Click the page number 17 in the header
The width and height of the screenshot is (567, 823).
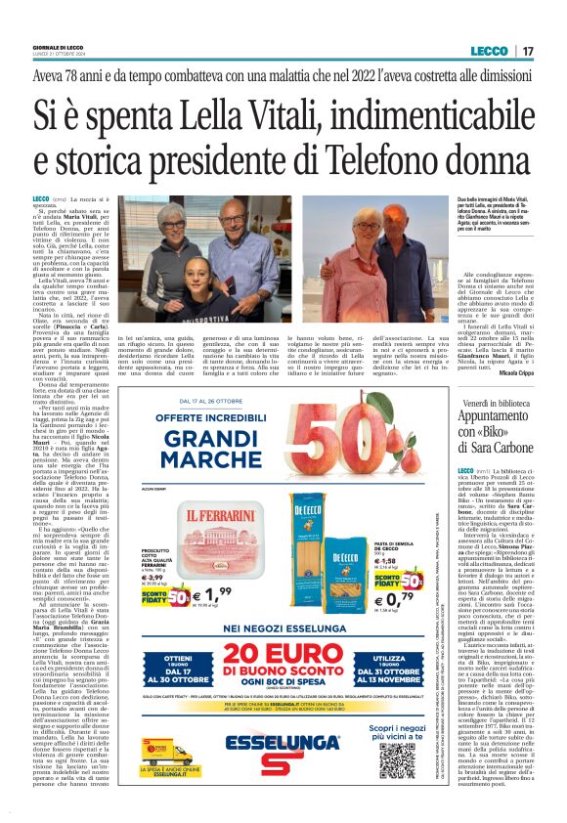click(527, 50)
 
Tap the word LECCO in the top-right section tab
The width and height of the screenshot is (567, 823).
click(488, 50)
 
